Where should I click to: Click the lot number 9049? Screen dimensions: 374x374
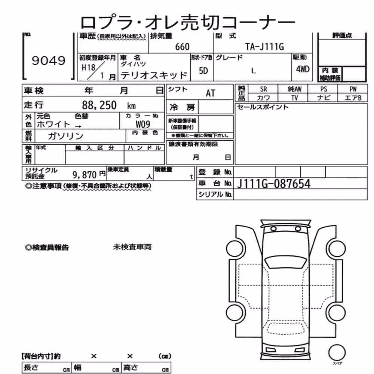click(48, 61)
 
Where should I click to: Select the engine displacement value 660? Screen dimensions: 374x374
click(182, 47)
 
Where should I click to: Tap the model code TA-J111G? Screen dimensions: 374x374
click(264, 47)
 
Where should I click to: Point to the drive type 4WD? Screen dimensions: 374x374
click(303, 69)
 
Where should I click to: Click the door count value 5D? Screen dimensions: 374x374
click(203, 71)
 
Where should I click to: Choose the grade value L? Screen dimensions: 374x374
click(253, 71)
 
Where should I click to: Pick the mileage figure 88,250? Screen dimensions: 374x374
click(99, 105)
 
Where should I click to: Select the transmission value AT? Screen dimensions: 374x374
click(210, 93)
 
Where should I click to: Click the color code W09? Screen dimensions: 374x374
click(143, 124)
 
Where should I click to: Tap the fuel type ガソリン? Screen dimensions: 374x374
click(65, 136)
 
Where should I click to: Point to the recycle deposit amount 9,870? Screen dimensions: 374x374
click(85, 175)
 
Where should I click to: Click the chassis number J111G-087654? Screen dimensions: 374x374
click(274, 184)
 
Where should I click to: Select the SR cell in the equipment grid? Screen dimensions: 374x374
click(263, 89)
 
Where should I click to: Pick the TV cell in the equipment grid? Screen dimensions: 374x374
click(294, 98)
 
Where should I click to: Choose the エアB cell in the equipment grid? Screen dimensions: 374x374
click(353, 98)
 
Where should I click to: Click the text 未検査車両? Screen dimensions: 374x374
click(132, 247)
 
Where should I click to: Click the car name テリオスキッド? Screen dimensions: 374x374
click(154, 76)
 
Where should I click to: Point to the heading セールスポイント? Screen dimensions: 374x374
click(263, 107)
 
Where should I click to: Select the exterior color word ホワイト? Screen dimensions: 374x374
click(53, 124)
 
